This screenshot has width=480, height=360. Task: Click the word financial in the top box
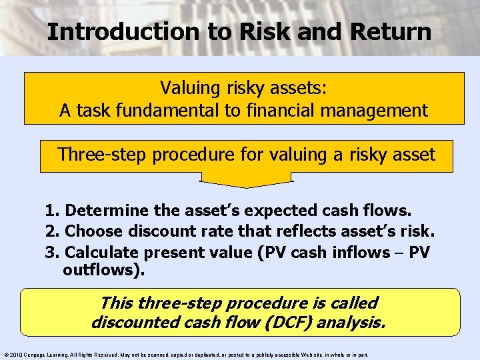click(276, 110)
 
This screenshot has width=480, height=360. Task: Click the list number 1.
click(51, 211)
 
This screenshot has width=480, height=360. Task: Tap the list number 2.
click(51, 232)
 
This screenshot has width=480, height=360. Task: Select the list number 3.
click(51, 253)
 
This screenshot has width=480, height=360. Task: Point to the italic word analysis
click(351, 323)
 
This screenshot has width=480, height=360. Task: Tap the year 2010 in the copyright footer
click(16, 355)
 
